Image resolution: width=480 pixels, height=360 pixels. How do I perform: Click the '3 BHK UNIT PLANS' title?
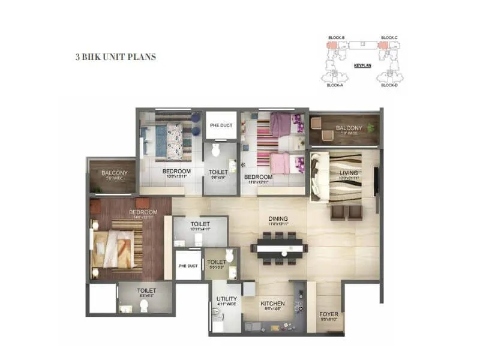(116, 57)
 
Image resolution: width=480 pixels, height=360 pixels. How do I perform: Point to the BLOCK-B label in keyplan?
(336, 38)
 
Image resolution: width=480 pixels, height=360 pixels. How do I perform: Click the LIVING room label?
(349, 173)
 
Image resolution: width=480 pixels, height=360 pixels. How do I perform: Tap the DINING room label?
(278, 219)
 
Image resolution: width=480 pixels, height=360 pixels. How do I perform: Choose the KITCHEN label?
(272, 303)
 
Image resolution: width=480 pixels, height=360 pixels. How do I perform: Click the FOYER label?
(328, 313)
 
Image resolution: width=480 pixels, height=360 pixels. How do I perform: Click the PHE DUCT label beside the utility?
(188, 266)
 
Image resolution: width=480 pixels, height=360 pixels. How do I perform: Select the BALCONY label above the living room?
(349, 128)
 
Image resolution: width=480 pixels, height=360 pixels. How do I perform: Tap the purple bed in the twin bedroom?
(280, 125)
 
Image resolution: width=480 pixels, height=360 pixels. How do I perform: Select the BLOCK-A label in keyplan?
(335, 85)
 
